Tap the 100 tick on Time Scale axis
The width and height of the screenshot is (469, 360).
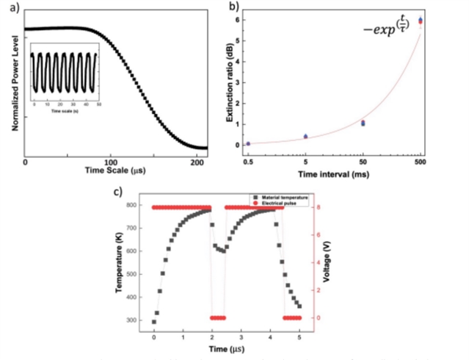pyautogui.click(x=110, y=161)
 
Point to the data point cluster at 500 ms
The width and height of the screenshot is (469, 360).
pyautogui.click(x=420, y=21)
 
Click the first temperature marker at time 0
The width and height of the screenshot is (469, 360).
pyautogui.click(x=154, y=322)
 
